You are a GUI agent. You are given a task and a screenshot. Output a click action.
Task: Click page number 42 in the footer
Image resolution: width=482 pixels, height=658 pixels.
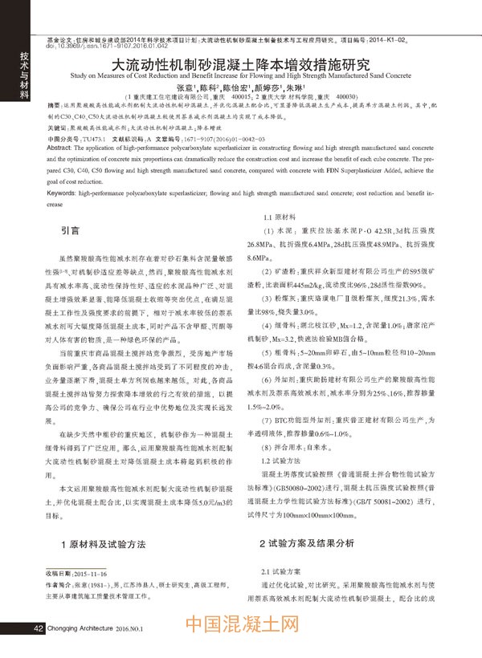point(38,628)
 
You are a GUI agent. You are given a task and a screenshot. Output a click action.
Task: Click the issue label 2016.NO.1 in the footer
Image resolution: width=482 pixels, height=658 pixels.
point(128,629)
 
